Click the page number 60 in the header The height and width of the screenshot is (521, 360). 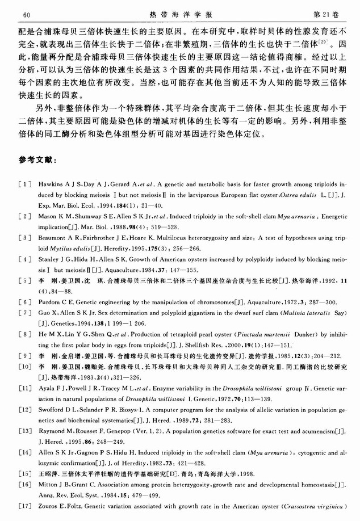tap(26, 12)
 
